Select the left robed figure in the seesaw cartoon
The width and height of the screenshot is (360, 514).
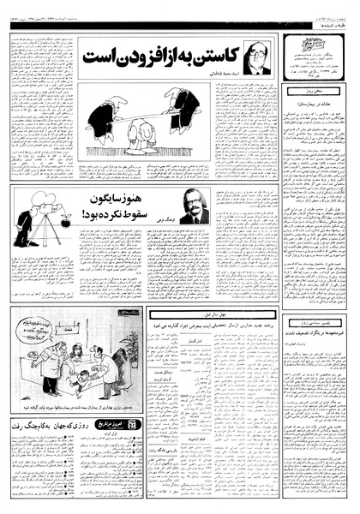tap(102, 115)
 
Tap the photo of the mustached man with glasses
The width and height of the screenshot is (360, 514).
tap(195, 206)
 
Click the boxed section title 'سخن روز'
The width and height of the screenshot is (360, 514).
tap(320, 88)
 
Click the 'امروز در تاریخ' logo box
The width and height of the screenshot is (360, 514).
tap(115, 422)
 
